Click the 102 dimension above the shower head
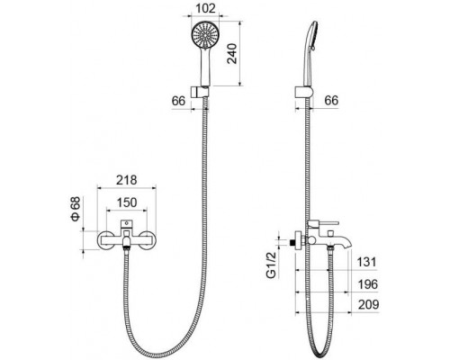205,8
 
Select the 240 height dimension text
232,54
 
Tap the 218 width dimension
127,180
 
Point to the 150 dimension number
127,202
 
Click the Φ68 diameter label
76,209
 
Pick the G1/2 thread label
271,265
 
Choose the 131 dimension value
366,262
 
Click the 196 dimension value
368,284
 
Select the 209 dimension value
369,305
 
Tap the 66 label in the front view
178,101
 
